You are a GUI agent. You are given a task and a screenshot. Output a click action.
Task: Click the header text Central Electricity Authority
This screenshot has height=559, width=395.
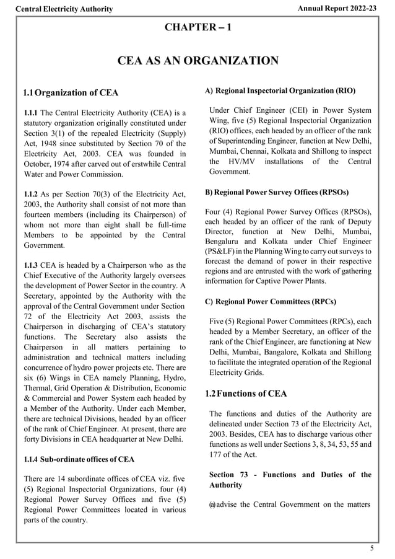coord(64,9)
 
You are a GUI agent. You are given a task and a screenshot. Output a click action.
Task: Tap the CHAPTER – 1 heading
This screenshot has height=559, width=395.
coord(198,27)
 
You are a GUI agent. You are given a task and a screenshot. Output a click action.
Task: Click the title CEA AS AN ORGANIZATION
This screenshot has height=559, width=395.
coord(197,61)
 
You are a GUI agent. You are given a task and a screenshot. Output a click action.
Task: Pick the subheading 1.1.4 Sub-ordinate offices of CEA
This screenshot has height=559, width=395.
coord(77,459)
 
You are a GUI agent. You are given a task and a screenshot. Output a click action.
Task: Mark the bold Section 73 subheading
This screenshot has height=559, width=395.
coord(290,480)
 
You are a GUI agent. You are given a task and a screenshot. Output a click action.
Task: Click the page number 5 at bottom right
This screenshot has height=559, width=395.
coord(371,548)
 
